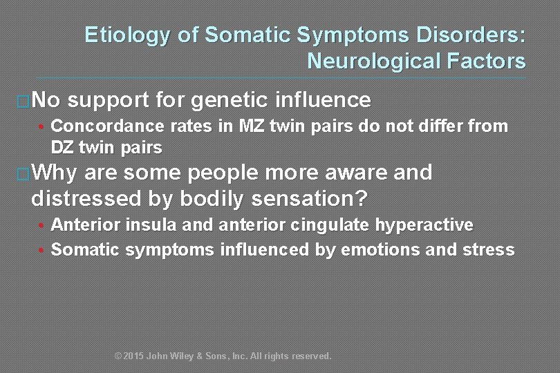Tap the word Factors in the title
click(487, 61)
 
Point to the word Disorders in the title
click(467, 35)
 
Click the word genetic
click(230, 100)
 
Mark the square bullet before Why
click(23, 174)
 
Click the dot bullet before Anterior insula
click(43, 226)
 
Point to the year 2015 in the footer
click(133, 356)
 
